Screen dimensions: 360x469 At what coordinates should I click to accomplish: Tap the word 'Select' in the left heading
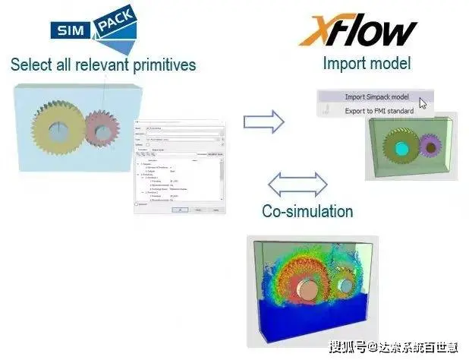pyautogui.click(x=31, y=65)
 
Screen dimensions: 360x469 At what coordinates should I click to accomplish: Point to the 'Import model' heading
pyautogui.click(x=367, y=62)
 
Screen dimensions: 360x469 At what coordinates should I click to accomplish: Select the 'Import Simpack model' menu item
pyautogui.click(x=377, y=96)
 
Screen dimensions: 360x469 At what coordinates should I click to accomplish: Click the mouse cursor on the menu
pyautogui.click(x=423, y=103)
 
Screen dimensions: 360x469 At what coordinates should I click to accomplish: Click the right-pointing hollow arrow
pyautogui.click(x=263, y=121)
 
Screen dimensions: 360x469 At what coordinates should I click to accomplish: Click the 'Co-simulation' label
pyautogui.click(x=307, y=210)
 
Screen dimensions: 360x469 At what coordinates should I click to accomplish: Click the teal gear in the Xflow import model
pyautogui.click(x=401, y=144)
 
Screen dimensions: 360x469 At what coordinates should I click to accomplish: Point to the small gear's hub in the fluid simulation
pyautogui.click(x=346, y=286)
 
